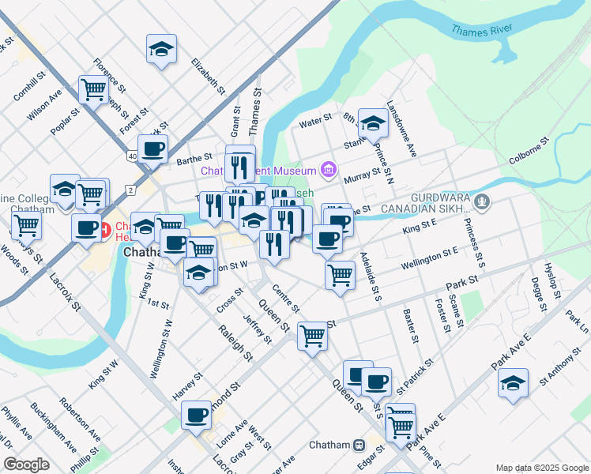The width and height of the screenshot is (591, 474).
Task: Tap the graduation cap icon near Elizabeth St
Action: coord(161,49)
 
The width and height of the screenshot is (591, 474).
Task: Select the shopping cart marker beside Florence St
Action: coord(93,89)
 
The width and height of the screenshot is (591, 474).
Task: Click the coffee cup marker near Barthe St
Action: coord(152,148)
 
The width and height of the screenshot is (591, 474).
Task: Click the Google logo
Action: coord(26,464)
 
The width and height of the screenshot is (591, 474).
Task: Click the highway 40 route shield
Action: coord(132,156)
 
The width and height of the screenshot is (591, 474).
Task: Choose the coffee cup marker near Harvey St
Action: coord(196,413)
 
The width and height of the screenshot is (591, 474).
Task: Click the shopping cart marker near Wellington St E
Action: coord(340,276)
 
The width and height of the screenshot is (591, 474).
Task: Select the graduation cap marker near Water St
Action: coord(373,123)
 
